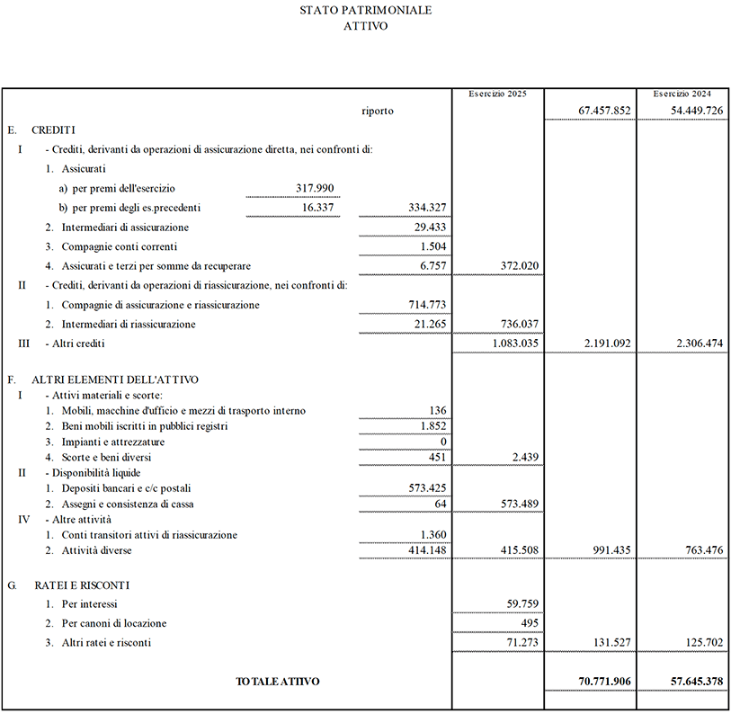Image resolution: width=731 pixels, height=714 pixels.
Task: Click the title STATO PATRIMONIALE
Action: coord(365,11)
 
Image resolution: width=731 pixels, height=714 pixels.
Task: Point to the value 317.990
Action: coord(315,188)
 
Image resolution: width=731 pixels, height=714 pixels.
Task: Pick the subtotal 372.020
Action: coord(516,266)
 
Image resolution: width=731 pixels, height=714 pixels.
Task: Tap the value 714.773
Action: coord(427,305)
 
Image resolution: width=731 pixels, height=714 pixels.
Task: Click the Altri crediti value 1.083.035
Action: coord(515,344)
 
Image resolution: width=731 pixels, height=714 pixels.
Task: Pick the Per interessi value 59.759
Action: coord(520,604)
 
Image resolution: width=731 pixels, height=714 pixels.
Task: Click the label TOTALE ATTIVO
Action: coord(277,682)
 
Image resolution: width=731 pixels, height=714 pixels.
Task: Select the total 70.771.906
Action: coord(600,682)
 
